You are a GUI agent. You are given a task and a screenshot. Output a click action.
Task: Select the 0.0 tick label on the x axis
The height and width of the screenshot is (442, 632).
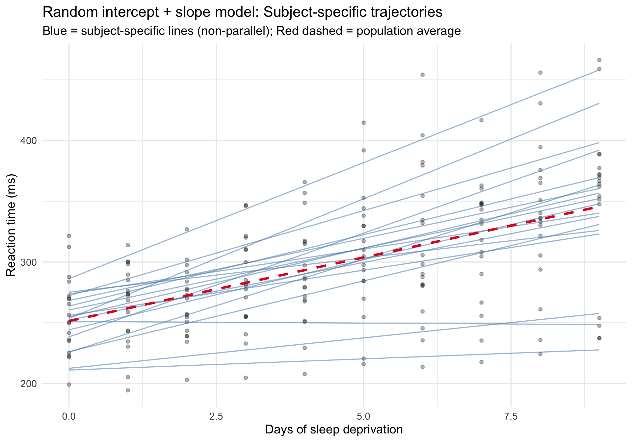69,417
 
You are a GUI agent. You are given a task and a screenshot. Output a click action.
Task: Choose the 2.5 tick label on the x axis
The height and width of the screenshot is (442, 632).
216,417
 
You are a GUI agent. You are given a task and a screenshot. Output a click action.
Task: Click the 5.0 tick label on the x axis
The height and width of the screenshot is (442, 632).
363,417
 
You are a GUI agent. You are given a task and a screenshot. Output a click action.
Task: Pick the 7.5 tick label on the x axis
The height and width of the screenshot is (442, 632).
511,417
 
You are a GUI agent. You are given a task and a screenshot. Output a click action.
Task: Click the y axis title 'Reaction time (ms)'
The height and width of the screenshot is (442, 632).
11,226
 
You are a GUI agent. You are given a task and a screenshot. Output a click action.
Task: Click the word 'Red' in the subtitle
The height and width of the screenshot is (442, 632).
287,31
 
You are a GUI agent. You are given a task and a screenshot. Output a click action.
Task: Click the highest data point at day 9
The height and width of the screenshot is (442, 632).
599,60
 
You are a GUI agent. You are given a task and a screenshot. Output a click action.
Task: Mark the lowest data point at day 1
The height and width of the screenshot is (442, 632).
128,390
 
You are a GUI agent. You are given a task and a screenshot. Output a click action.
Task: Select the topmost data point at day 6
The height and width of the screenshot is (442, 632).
422,75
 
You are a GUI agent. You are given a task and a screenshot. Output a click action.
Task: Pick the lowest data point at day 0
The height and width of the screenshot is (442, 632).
69,384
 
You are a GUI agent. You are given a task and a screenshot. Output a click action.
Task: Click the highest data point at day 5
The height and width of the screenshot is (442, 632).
363,123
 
